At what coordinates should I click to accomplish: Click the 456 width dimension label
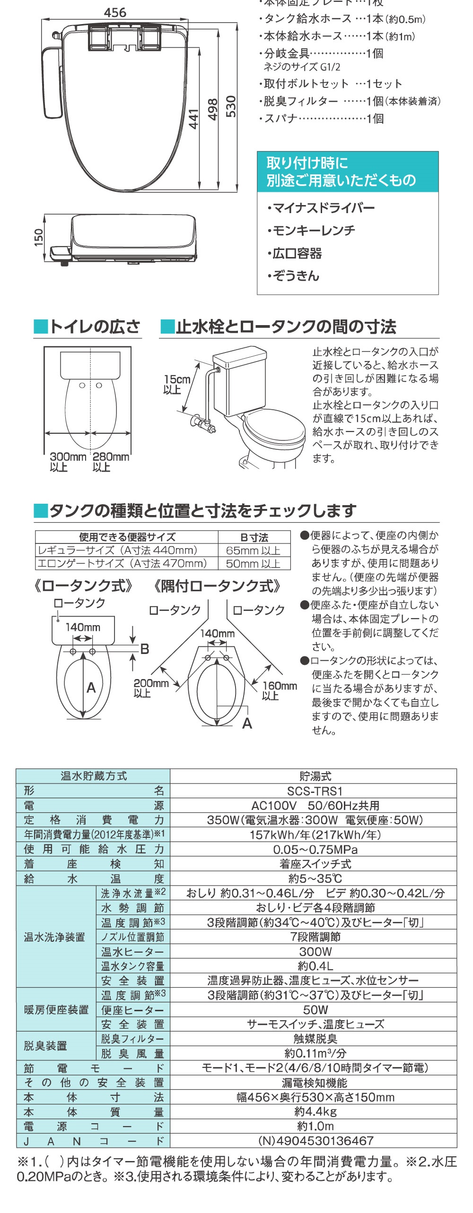click(x=115, y=13)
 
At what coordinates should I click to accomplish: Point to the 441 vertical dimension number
click(x=193, y=119)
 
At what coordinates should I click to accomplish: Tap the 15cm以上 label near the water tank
click(x=176, y=384)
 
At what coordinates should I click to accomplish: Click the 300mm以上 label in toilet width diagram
click(x=67, y=462)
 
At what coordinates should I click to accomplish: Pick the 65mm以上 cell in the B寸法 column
click(x=253, y=551)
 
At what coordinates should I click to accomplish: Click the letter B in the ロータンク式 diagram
click(x=144, y=649)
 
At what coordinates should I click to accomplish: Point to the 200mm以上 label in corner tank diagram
click(x=150, y=688)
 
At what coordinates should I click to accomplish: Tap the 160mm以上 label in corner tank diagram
click(x=279, y=690)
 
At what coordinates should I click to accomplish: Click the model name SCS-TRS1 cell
click(x=315, y=791)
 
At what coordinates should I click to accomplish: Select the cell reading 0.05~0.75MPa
click(x=315, y=850)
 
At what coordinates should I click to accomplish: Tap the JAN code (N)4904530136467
click(x=315, y=1141)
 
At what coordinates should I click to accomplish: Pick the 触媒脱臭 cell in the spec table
click(x=315, y=1039)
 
